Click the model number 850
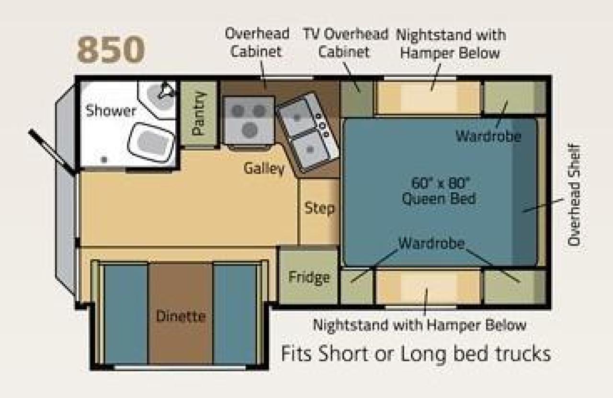pyautogui.click(x=111, y=49)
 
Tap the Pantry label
pyautogui.click(x=199, y=113)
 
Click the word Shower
pyautogui.click(x=111, y=111)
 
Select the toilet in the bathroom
pyautogui.click(x=151, y=142)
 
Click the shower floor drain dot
pyautogui.click(x=104, y=160)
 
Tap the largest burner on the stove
pyautogui.click(x=250, y=130)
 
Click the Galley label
pyautogui.click(x=264, y=169)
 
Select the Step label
pyautogui.click(x=319, y=208)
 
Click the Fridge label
pyautogui.click(x=309, y=277)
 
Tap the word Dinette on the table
pyautogui.click(x=181, y=316)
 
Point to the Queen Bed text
pyautogui.click(x=439, y=199)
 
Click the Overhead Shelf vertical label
pyautogui.click(x=574, y=195)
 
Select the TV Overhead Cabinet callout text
pyautogui.click(x=345, y=43)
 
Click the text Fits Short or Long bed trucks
pyautogui.click(x=416, y=353)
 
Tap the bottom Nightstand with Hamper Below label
pyautogui.click(x=420, y=325)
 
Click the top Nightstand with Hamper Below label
pyautogui.click(x=451, y=44)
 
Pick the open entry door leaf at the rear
pyautogui.click(x=51, y=152)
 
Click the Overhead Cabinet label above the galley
pyautogui.click(x=257, y=43)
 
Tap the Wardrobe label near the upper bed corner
pyautogui.click(x=488, y=136)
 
